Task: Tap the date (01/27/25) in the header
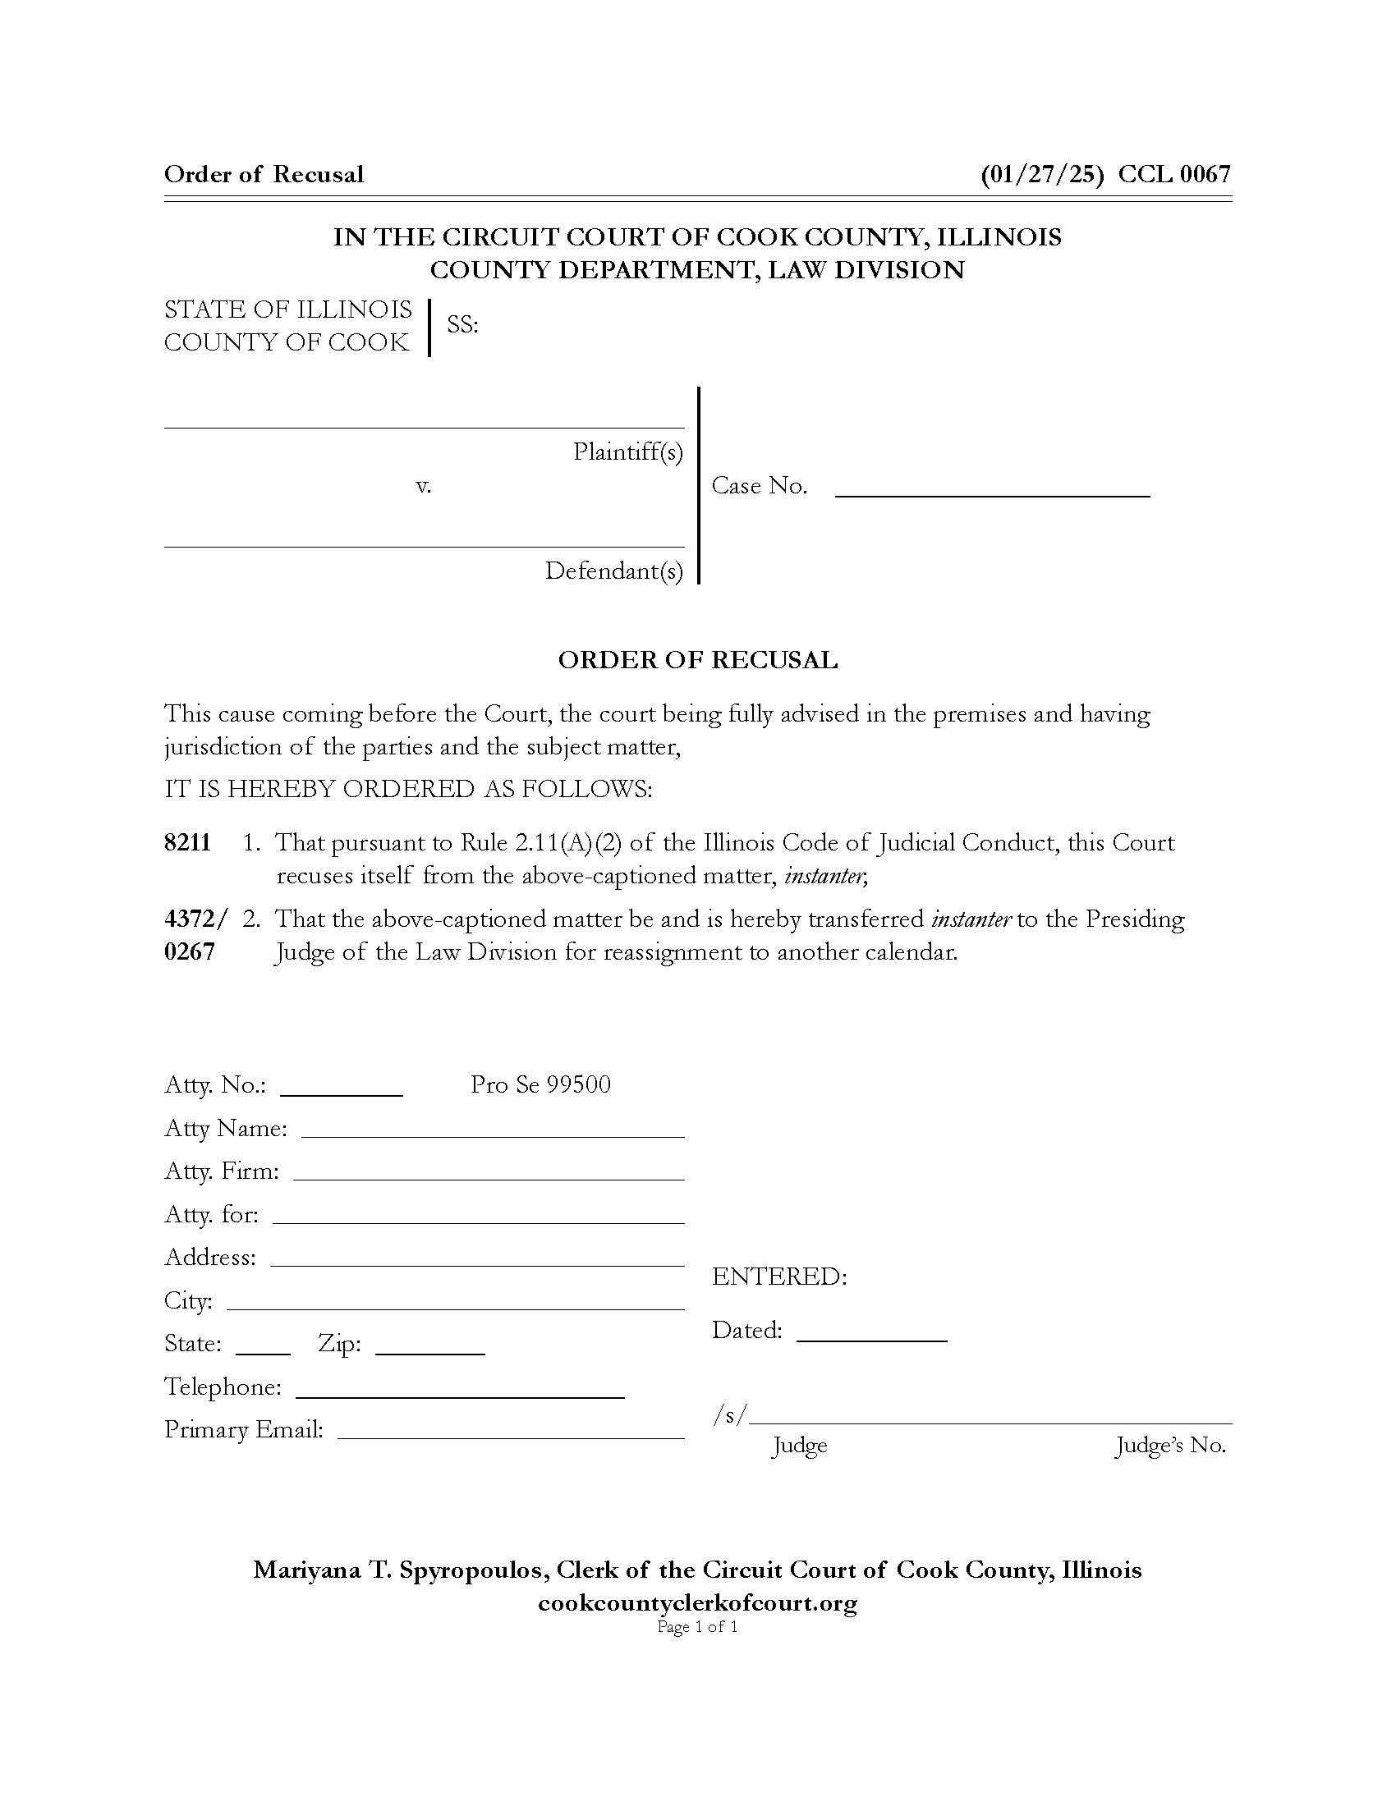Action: [x=1041, y=175]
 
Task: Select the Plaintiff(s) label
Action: [x=627, y=452]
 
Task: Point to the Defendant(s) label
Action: [x=613, y=571]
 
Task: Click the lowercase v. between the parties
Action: [x=423, y=486]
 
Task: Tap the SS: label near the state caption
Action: [x=462, y=325]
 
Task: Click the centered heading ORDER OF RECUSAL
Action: [x=697, y=660]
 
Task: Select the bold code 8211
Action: [x=188, y=842]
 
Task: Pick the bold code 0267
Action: [x=190, y=951]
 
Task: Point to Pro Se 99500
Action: [x=540, y=1085]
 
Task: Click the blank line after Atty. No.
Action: [x=342, y=1093]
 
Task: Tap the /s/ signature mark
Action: [x=729, y=1416]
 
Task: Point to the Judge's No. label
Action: [x=1170, y=1446]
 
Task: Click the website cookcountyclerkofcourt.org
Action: [x=697, y=1603]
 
